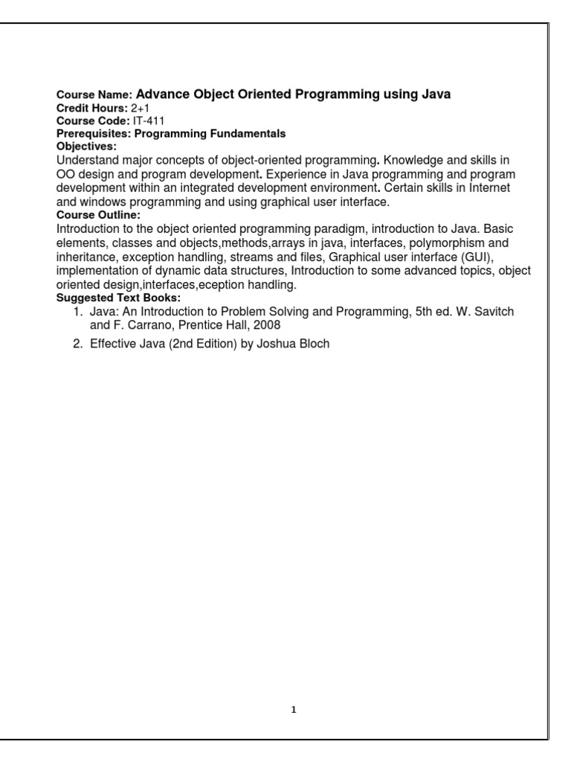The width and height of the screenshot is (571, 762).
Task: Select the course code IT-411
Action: (147, 121)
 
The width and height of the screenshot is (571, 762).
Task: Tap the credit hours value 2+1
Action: (141, 108)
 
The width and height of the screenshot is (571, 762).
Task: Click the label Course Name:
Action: (95, 95)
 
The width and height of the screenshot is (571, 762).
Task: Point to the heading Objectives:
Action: (87, 147)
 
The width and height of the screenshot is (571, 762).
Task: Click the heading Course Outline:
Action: (99, 215)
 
